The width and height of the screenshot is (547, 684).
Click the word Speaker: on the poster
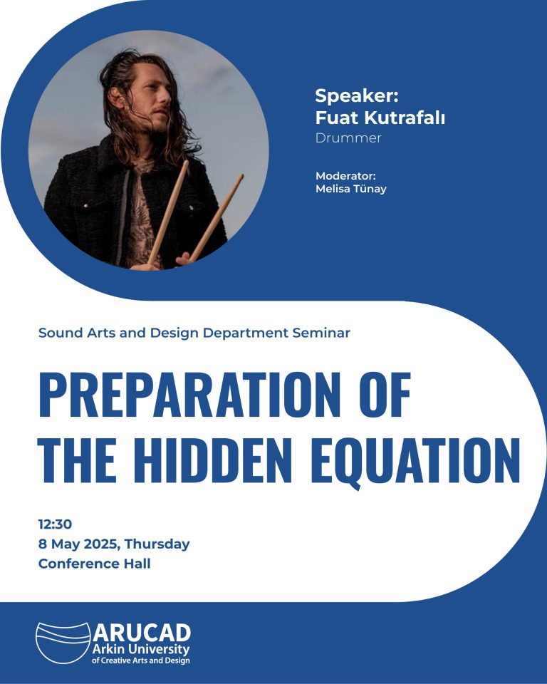pyautogui.click(x=357, y=96)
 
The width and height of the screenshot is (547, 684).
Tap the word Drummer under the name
pyautogui.click(x=348, y=138)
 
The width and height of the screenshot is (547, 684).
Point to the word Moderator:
pyautogui.click(x=345, y=176)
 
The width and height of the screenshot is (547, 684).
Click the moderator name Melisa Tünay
pyautogui.click(x=351, y=189)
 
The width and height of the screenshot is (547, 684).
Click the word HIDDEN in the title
pyautogui.click(x=216, y=460)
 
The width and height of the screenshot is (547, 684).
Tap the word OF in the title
pyautogui.click(x=385, y=395)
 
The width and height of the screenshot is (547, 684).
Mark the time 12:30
pyautogui.click(x=55, y=524)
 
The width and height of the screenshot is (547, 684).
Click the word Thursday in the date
pyautogui.click(x=157, y=544)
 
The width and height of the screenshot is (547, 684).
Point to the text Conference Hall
pyautogui.click(x=95, y=564)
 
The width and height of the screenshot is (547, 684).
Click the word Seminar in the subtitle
pyautogui.click(x=321, y=333)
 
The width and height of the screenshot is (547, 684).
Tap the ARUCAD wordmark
pyautogui.click(x=142, y=633)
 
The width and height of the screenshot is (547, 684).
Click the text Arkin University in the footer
pyautogui.click(x=141, y=649)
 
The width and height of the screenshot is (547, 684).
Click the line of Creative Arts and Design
pyautogui.click(x=141, y=660)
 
